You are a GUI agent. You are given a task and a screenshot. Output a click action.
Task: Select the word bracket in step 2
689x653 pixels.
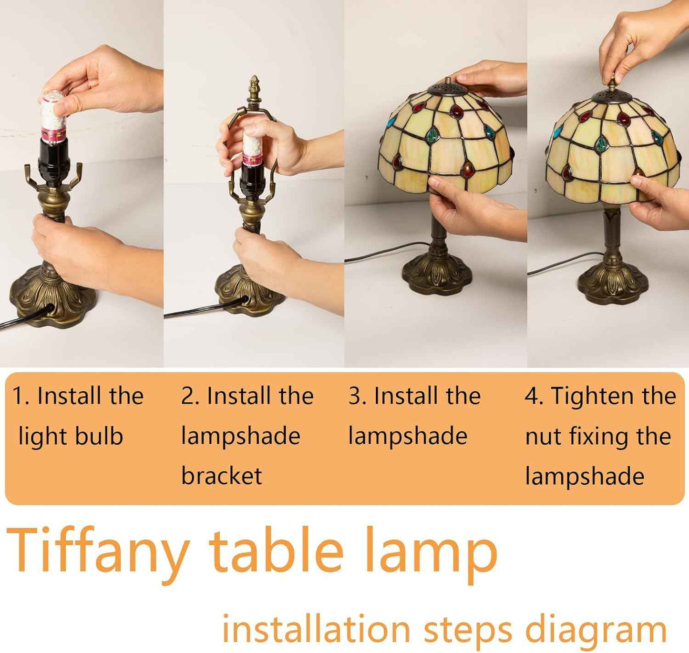click(x=222, y=475)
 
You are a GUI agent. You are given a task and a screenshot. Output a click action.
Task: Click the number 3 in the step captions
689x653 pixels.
click(x=355, y=396)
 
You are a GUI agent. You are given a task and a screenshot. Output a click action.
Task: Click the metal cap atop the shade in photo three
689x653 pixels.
click(x=448, y=89)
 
